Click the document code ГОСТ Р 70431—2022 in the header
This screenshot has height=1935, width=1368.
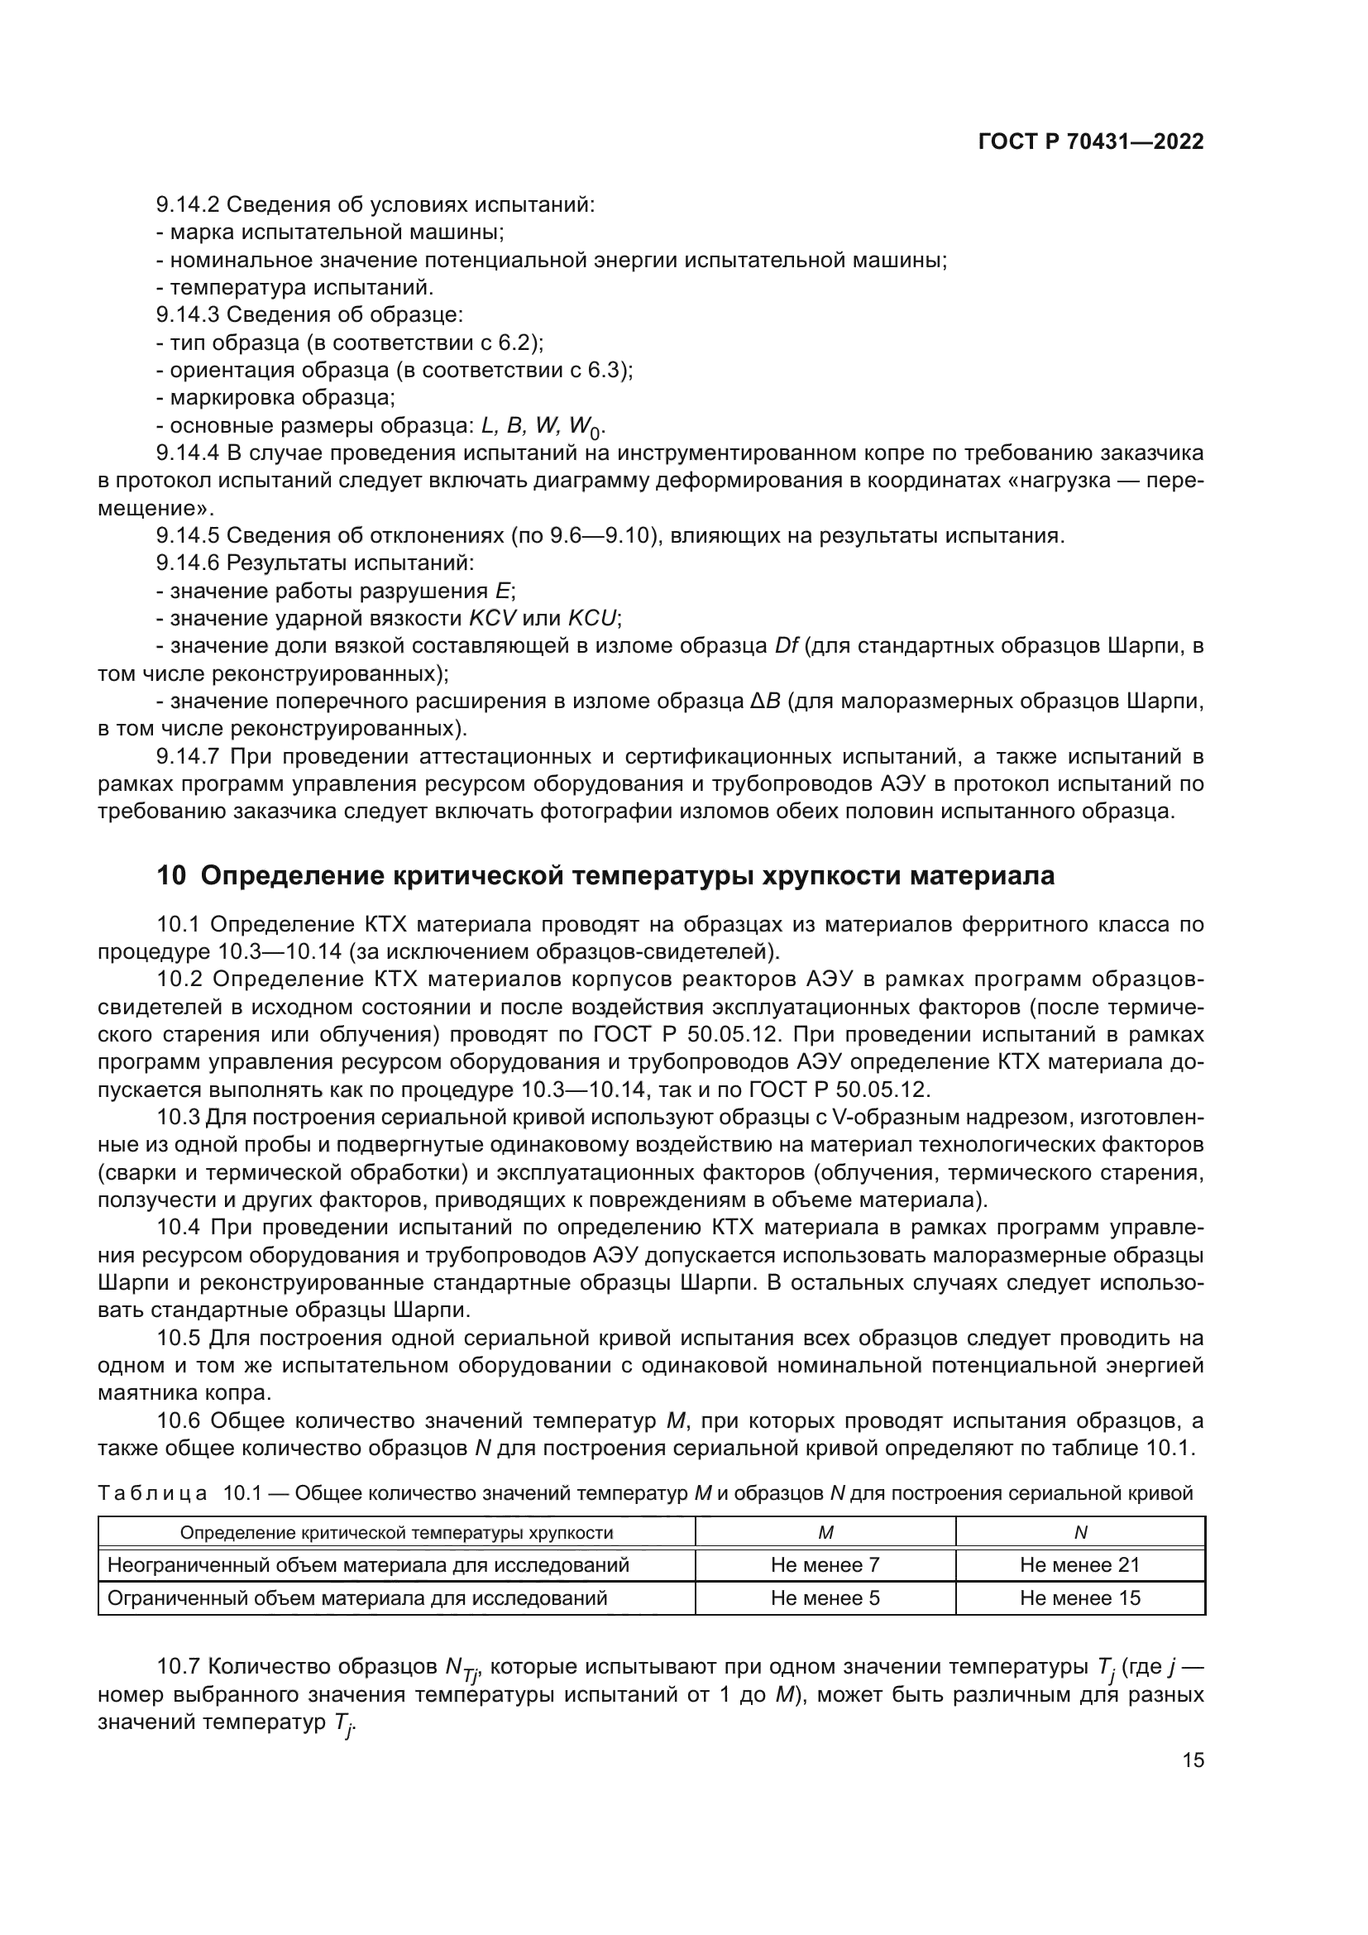(1091, 141)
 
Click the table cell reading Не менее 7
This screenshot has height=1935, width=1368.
(825, 1565)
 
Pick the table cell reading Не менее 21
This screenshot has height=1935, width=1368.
(1079, 1565)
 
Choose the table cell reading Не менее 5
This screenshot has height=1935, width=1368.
(825, 1598)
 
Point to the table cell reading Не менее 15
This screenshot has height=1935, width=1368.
(1079, 1598)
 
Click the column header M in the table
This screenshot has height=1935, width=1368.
(825, 1533)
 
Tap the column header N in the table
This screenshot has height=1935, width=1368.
(1081, 1533)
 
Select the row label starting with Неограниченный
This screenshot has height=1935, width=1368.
(369, 1565)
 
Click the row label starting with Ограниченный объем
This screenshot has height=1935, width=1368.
(358, 1598)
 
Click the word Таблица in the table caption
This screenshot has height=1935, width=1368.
(152, 1493)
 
